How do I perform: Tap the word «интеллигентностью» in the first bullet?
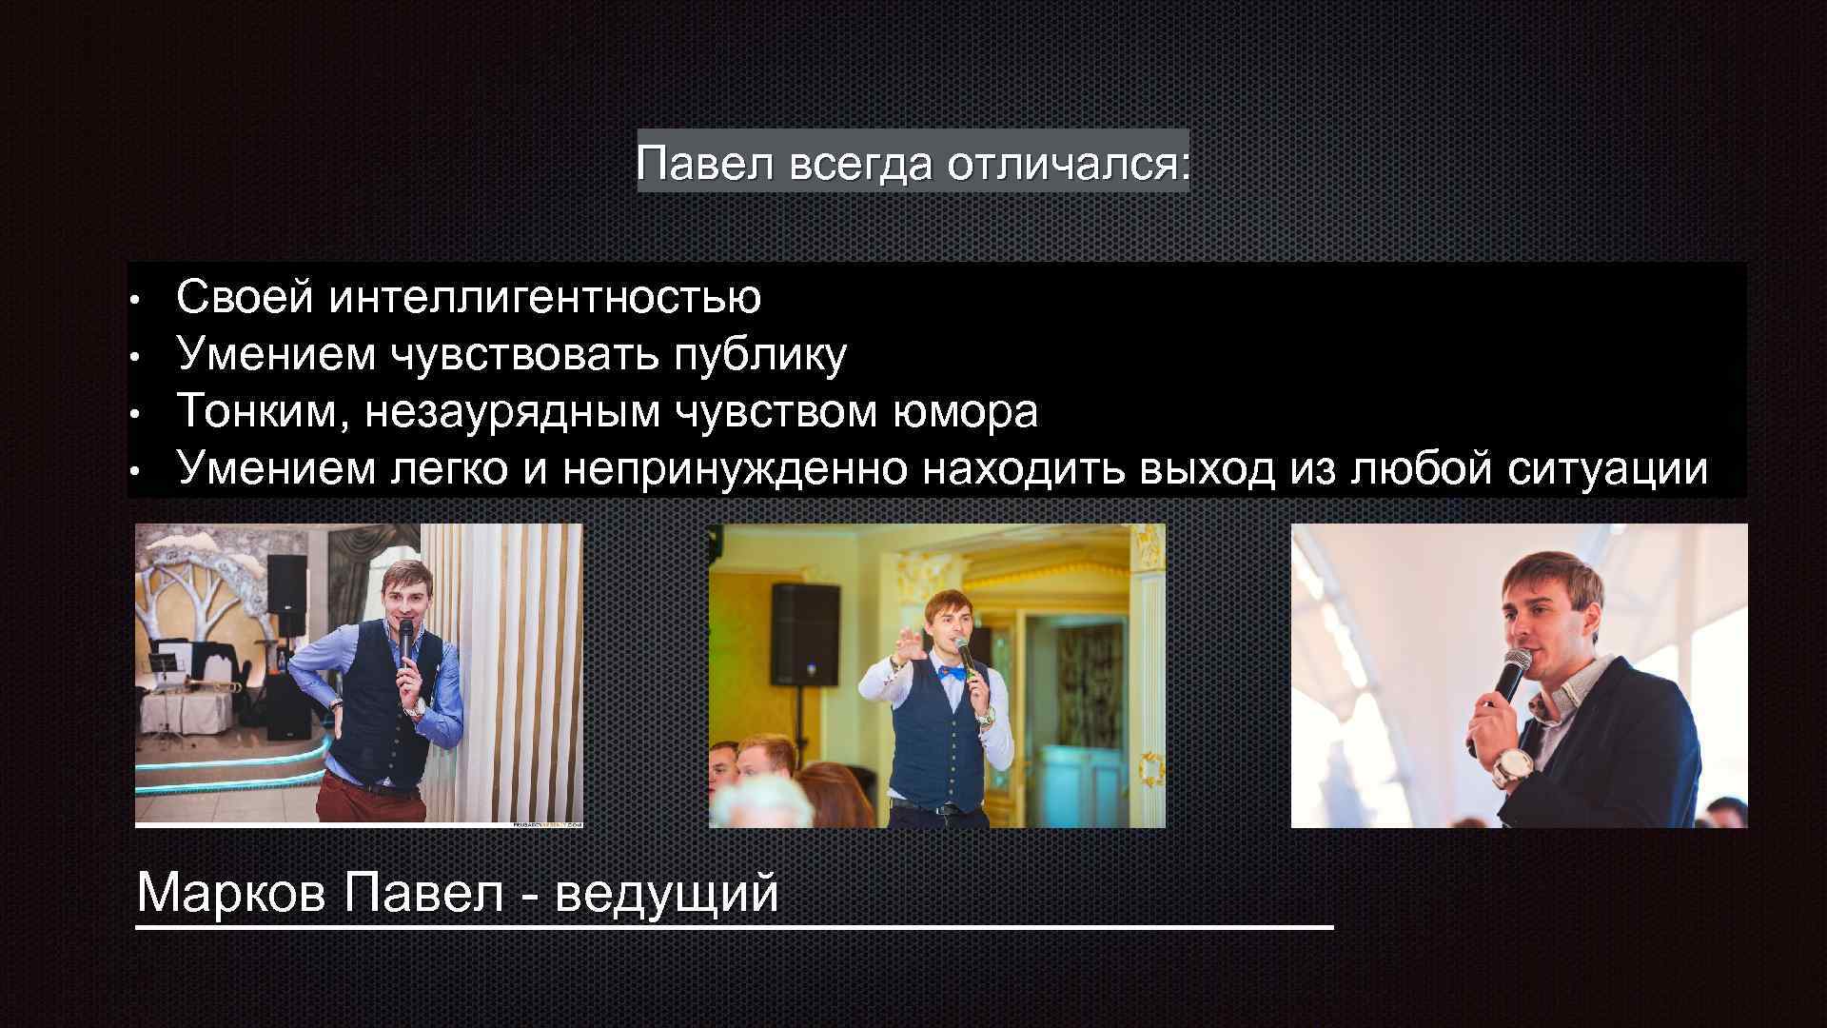pyautogui.click(x=544, y=297)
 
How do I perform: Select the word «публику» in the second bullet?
pyautogui.click(x=759, y=354)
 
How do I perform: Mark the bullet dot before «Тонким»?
pyautogui.click(x=136, y=415)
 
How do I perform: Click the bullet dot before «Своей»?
pyautogui.click(x=136, y=301)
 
